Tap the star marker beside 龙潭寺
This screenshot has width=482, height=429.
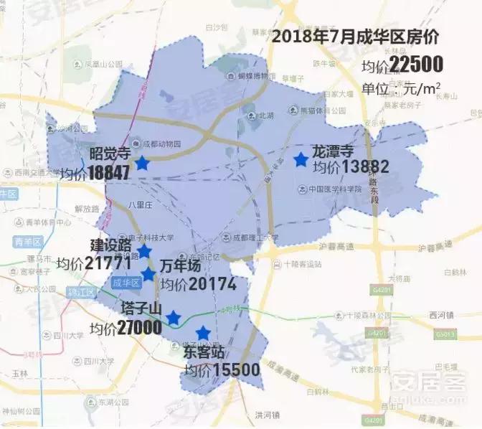300,160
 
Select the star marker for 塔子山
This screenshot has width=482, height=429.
173,318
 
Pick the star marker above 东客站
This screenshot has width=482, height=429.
204,332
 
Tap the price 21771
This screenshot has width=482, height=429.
108,263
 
